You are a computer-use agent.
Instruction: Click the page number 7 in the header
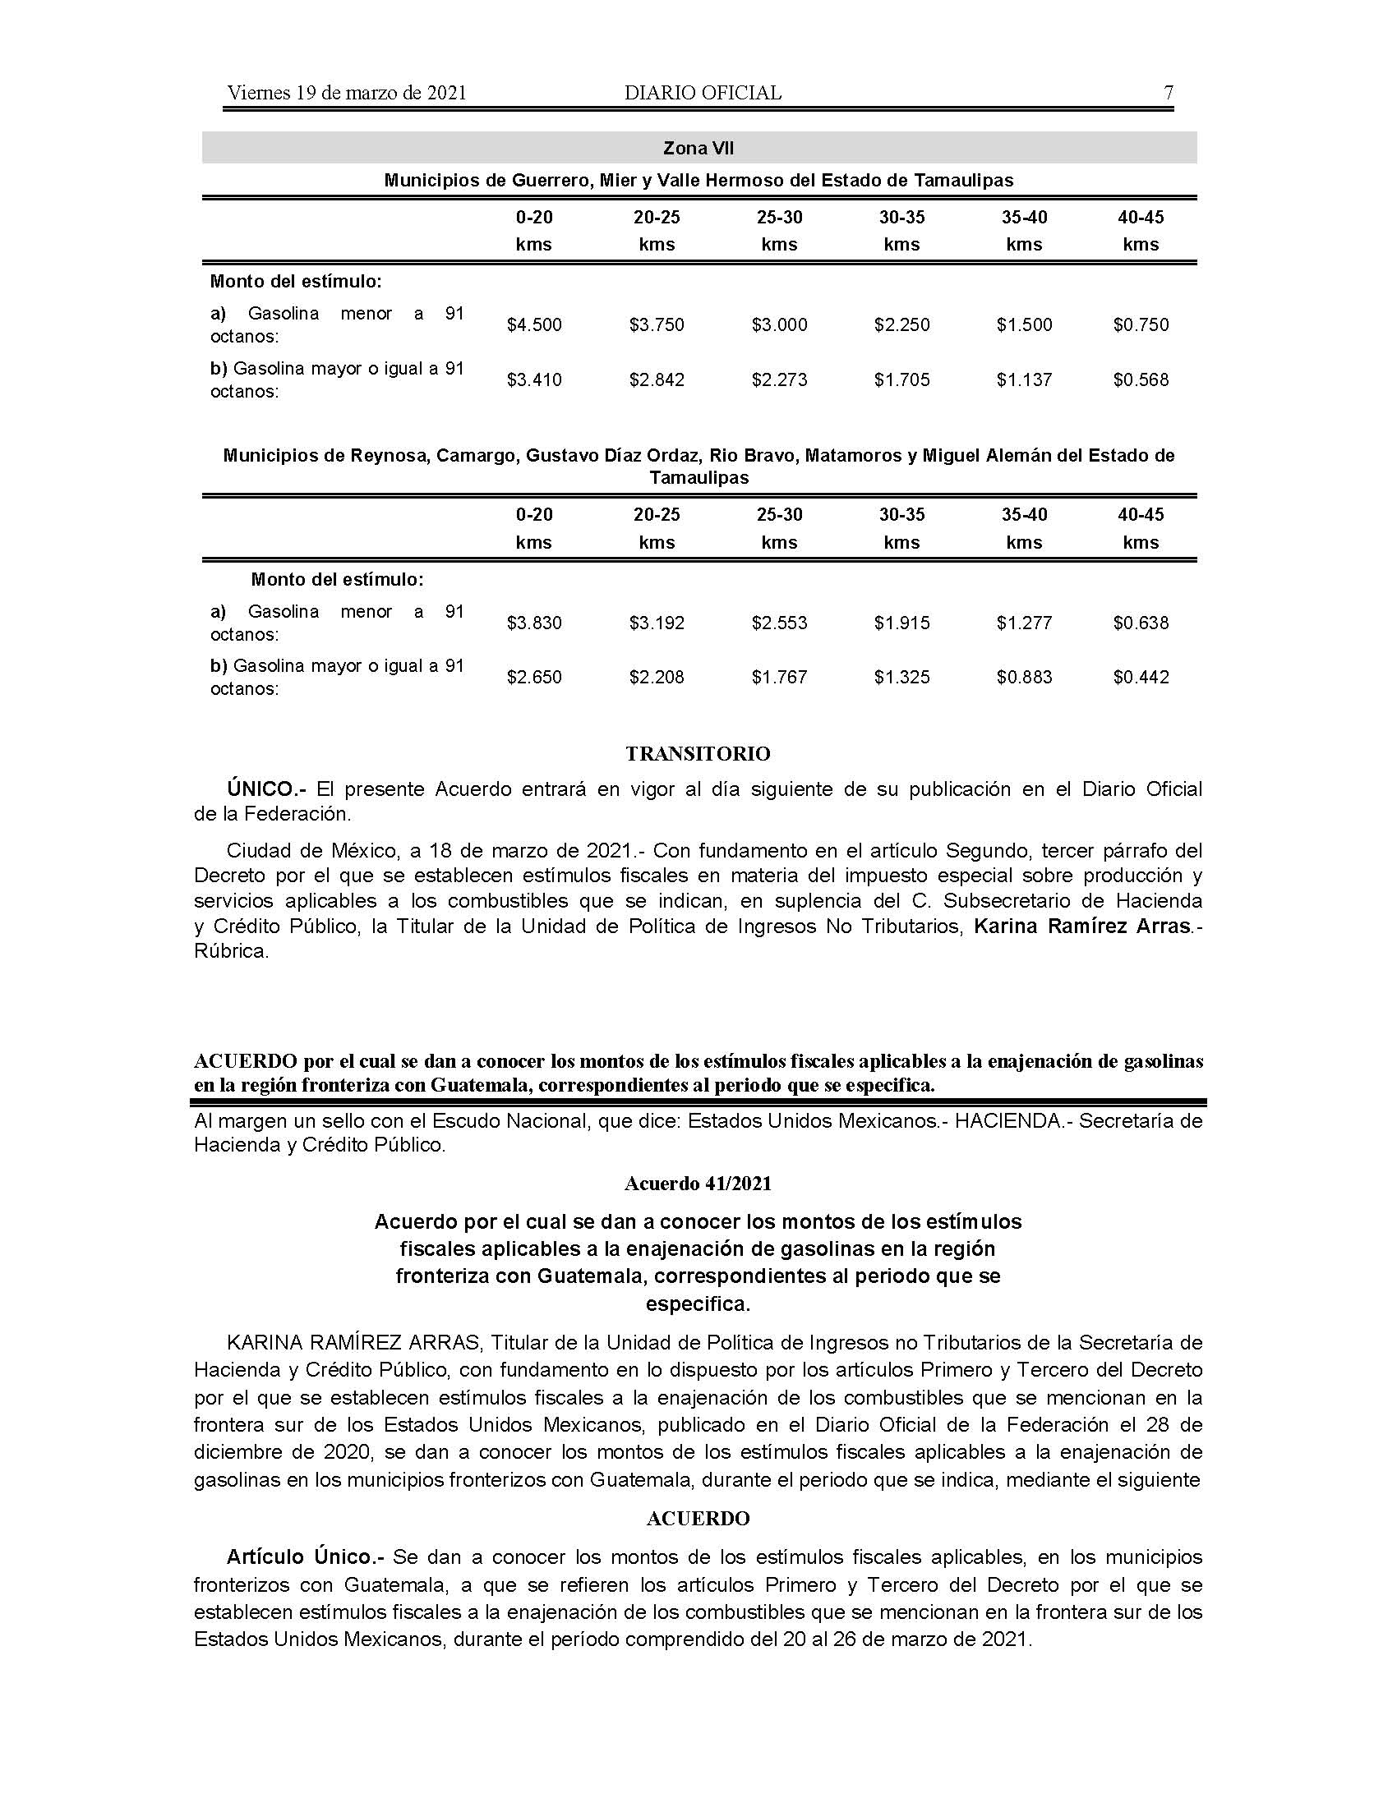[x=1168, y=93]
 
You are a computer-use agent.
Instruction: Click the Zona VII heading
[x=698, y=148]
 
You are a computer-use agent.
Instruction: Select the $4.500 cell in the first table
[x=534, y=324]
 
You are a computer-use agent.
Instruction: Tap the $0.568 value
[x=1141, y=379]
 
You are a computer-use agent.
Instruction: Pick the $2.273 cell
[x=779, y=379]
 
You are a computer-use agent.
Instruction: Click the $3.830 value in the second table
[x=534, y=623]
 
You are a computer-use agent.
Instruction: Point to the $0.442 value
[x=1141, y=677]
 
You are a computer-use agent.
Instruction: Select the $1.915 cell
[x=901, y=623]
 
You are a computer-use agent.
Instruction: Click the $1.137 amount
[x=1024, y=379]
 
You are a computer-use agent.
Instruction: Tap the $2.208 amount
[x=657, y=677]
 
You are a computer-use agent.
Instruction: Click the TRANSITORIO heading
[x=698, y=754]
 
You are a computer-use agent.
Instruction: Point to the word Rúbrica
[x=231, y=950]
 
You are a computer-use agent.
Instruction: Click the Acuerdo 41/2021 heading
[x=698, y=1183]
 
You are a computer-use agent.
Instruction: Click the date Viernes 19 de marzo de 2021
[x=347, y=93]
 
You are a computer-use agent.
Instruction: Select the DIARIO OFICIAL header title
[x=703, y=93]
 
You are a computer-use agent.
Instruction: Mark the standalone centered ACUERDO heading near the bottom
[x=698, y=1518]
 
